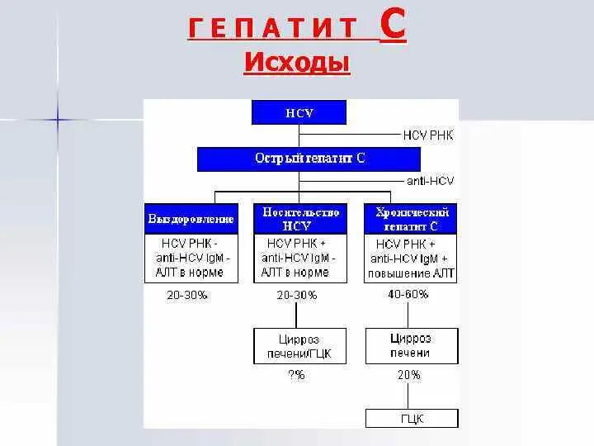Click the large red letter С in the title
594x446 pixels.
393,28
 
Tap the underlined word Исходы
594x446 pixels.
297,64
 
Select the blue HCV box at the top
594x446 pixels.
299,113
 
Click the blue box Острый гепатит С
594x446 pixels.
309,159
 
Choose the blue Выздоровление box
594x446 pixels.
191,220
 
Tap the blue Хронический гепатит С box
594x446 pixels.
411,219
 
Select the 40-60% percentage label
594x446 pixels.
408,294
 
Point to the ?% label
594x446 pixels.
296,375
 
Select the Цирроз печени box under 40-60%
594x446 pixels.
410,345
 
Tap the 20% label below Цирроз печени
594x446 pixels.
408,375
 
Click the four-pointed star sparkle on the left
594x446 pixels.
59,120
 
